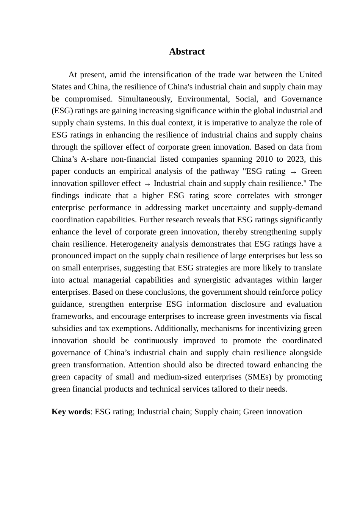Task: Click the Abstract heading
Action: click(186, 52)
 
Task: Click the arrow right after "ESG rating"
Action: click(293, 172)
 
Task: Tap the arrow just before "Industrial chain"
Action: click(147, 184)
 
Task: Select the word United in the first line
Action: click(310, 75)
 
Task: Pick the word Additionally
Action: click(176, 328)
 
